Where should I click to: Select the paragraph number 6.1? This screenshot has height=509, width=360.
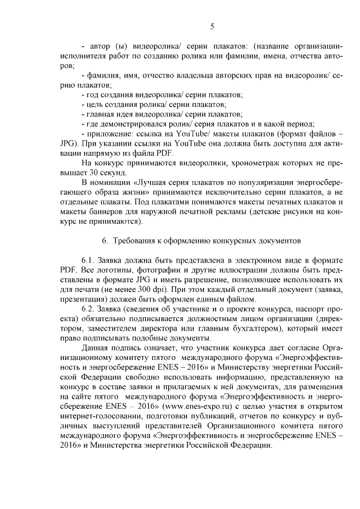tap(91, 262)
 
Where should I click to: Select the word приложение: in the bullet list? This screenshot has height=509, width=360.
tap(110, 133)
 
